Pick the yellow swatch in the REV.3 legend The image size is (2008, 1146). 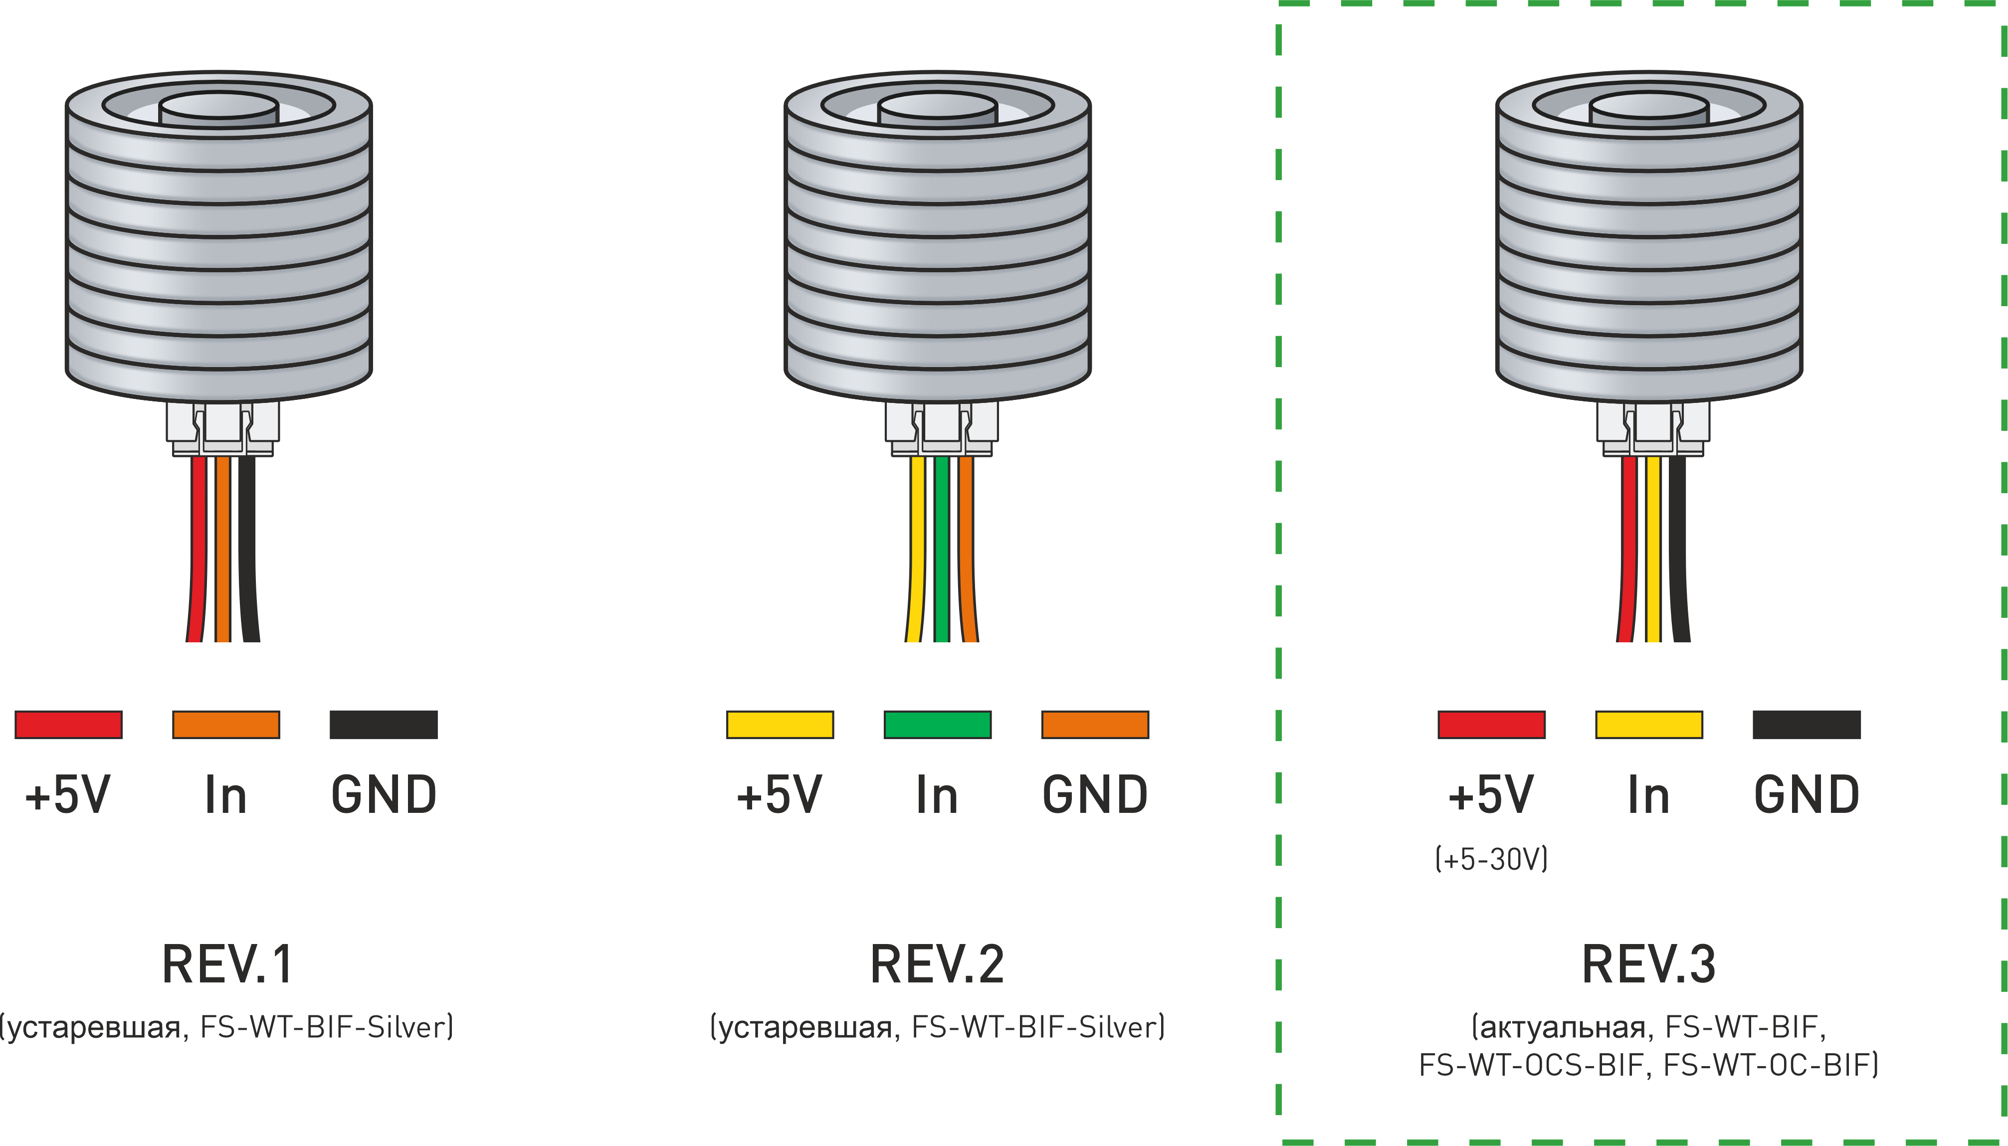click(1648, 724)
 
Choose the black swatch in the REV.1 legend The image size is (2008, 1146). click(384, 724)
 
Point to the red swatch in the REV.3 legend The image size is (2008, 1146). click(1491, 724)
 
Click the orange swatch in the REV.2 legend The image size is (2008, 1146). click(1094, 724)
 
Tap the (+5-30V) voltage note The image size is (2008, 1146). click(1491, 859)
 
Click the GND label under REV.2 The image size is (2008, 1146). click(1094, 795)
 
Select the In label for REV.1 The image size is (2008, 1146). click(226, 795)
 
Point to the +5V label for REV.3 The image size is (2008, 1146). click(1491, 795)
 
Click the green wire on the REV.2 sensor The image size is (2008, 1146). click(942, 551)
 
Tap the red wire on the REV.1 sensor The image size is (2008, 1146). click(198, 551)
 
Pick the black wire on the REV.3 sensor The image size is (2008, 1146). click(1678, 551)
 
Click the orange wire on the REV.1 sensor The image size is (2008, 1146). click(223, 551)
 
